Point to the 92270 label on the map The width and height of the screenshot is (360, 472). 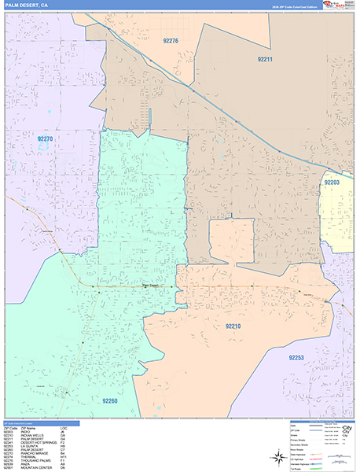click(46, 139)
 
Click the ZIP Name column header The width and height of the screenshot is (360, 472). click(31, 427)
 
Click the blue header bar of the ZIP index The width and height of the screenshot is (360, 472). click(39, 422)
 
